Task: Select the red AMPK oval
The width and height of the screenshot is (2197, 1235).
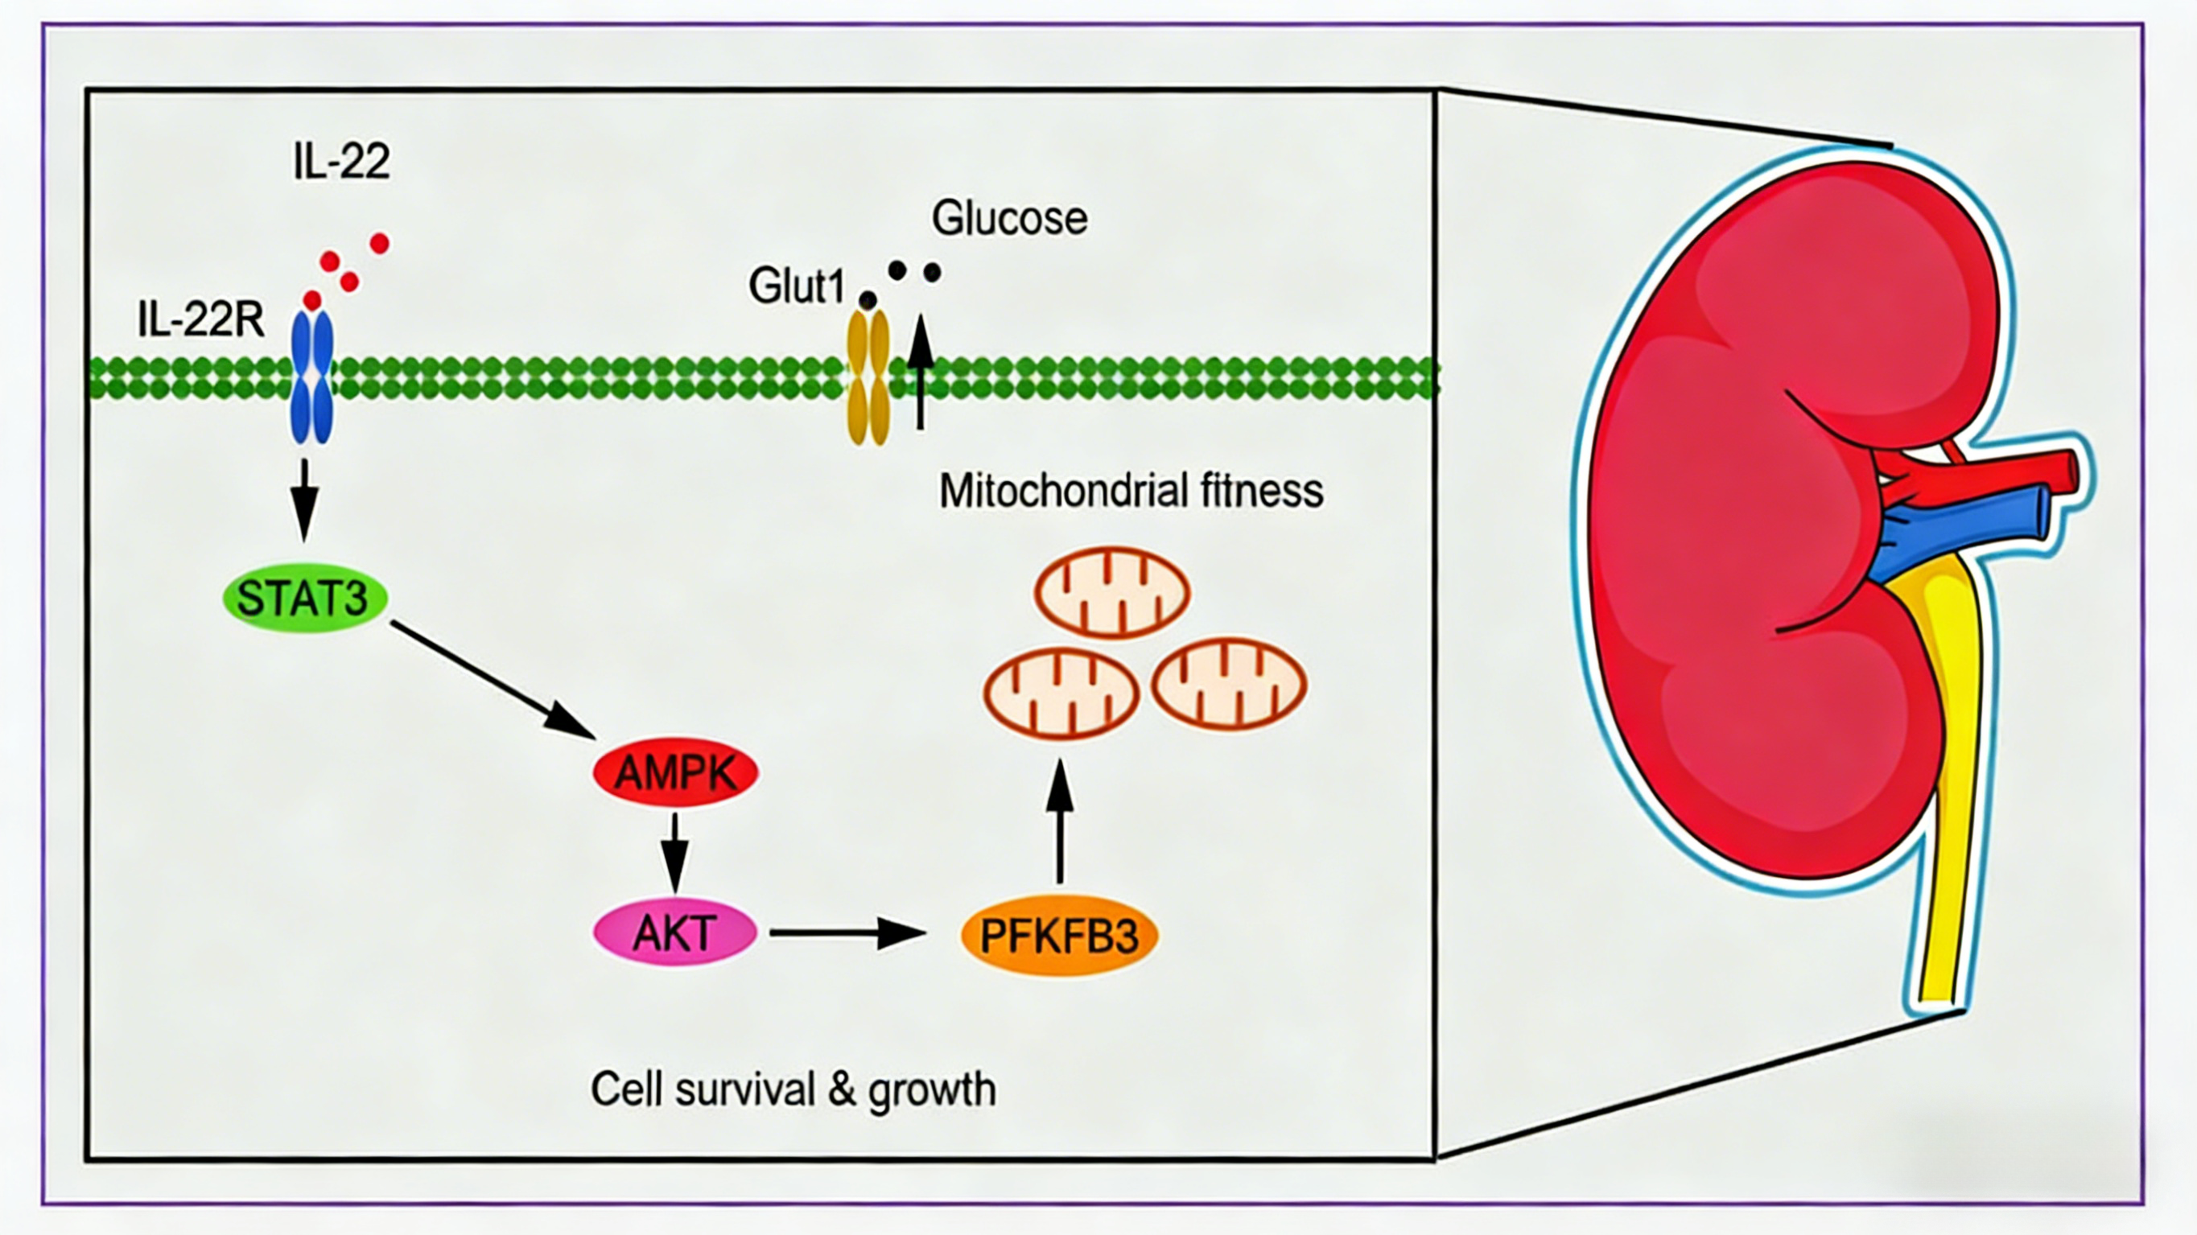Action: click(x=675, y=772)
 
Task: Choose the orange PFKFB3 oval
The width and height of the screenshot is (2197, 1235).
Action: click(x=1058, y=935)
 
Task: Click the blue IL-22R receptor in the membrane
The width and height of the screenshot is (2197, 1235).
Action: click(x=312, y=377)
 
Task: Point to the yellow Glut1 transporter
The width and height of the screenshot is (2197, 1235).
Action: click(x=868, y=377)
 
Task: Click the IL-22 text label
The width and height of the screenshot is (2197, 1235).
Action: click(x=341, y=160)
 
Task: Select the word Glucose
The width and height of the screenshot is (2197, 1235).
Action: click(x=1010, y=218)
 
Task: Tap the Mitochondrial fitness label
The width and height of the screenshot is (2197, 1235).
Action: click(x=1131, y=492)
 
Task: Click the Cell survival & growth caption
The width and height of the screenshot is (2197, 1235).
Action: click(x=793, y=1089)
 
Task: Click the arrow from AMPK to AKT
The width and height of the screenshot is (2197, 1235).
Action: click(x=674, y=851)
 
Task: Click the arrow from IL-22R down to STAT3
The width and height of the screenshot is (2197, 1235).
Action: click(x=304, y=500)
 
